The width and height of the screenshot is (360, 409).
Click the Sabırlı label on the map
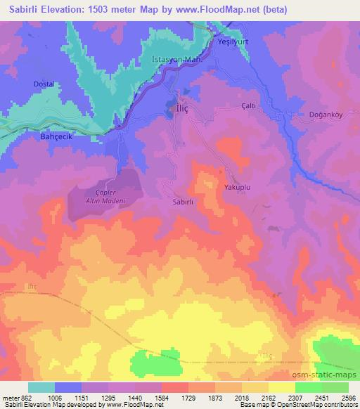[x=183, y=201]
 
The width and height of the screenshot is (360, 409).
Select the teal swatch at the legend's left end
[x=41, y=387]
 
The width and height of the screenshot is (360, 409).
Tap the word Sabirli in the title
[x=18, y=8]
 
